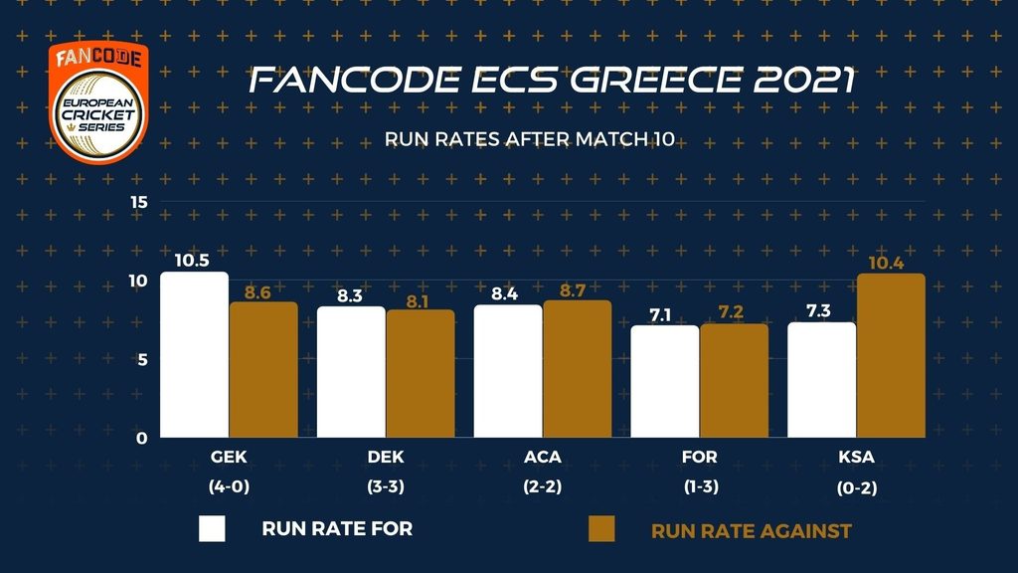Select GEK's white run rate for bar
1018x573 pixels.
(x=194, y=355)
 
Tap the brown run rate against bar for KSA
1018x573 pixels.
(x=891, y=356)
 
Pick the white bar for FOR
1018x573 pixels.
(x=665, y=382)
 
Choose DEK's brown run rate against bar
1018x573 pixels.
(x=421, y=374)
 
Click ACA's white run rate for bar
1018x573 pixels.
(x=508, y=371)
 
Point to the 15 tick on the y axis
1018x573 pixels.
(x=139, y=202)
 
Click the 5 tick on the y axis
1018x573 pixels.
(x=142, y=359)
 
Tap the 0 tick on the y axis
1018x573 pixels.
(x=142, y=438)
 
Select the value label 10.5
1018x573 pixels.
(x=193, y=261)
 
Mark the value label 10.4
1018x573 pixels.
(x=891, y=263)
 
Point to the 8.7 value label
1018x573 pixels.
(x=577, y=289)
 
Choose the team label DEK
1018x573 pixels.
(x=385, y=459)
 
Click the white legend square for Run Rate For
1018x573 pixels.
(x=213, y=528)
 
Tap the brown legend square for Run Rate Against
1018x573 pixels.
(x=601, y=528)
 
